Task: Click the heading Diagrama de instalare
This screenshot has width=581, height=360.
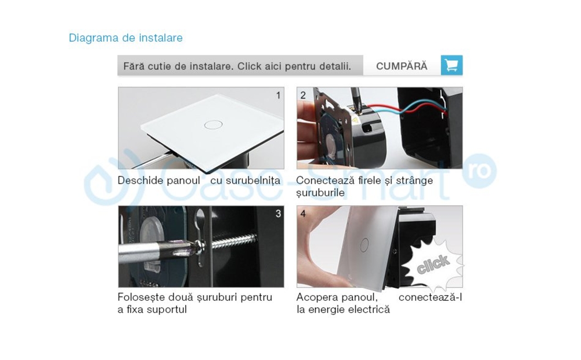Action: click(126, 38)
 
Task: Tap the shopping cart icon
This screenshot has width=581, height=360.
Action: click(451, 65)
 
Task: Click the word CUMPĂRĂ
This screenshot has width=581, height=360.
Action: click(401, 66)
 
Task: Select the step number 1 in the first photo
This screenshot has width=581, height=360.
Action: click(278, 95)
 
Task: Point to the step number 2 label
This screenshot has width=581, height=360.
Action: click(303, 95)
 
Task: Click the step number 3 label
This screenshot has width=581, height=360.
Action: click(278, 213)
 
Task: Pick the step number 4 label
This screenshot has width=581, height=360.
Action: click(303, 213)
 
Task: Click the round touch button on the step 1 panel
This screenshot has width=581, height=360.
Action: click(213, 125)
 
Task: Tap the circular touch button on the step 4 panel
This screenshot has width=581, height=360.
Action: click(365, 244)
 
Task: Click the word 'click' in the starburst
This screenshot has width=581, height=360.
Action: click(433, 265)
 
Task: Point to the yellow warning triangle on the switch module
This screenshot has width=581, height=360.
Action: click(356, 120)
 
